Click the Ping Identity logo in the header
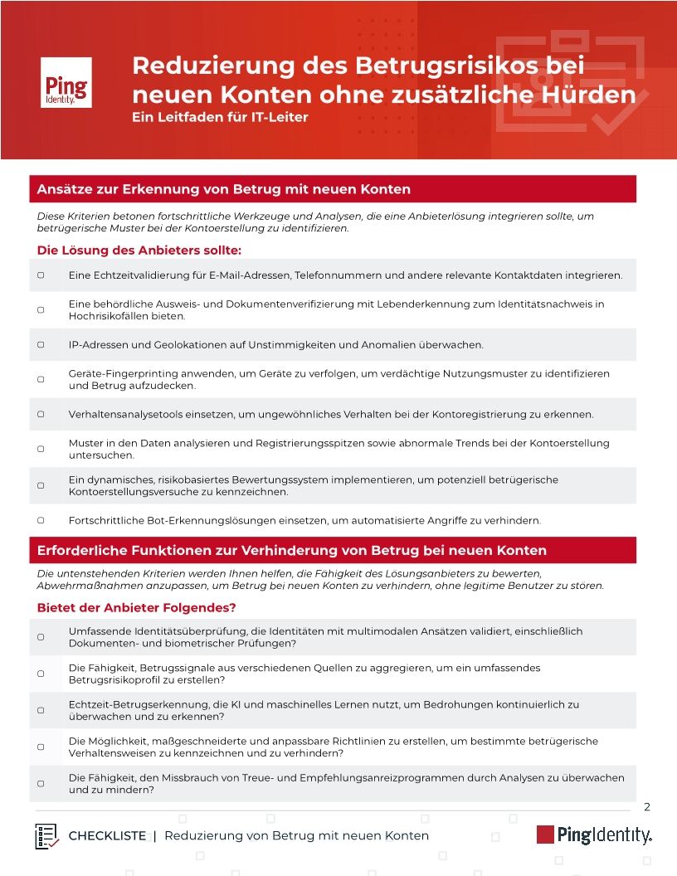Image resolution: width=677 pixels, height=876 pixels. point(66,82)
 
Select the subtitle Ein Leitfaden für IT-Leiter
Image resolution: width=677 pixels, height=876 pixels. point(220,117)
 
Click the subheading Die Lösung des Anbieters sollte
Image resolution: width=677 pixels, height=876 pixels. point(139,250)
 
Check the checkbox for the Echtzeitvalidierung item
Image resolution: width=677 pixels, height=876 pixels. point(41,275)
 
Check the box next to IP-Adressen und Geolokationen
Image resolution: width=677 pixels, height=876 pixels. point(41,344)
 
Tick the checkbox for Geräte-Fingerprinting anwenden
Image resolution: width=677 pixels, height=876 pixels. point(41,379)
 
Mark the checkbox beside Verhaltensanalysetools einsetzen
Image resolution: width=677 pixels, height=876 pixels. point(41,414)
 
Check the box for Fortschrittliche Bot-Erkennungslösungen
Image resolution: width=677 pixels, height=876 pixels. point(41,520)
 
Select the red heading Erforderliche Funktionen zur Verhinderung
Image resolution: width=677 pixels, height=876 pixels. point(292,550)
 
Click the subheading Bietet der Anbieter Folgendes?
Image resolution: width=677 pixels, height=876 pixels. point(137,608)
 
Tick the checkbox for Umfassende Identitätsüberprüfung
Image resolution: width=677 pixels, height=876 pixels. point(41,637)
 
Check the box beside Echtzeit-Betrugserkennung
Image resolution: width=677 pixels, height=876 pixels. point(41,710)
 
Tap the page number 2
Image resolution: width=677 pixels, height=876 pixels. point(647,807)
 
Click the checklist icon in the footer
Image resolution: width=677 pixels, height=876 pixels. point(47,836)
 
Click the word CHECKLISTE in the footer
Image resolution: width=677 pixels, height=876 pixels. point(107,836)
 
